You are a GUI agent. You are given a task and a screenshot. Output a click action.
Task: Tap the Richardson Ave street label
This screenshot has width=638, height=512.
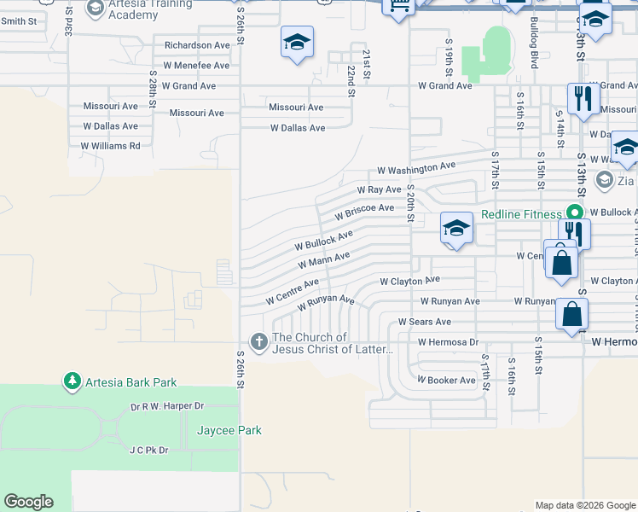(x=197, y=44)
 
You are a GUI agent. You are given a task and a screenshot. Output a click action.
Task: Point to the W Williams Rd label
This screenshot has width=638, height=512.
(x=110, y=146)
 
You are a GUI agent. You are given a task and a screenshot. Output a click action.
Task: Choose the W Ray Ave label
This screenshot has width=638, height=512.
(x=379, y=189)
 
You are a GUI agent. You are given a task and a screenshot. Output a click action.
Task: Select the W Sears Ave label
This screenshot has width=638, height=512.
(x=424, y=322)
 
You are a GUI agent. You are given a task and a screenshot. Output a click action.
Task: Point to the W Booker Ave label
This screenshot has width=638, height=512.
(x=446, y=380)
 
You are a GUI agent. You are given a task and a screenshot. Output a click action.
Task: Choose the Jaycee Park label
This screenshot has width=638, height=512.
(x=229, y=430)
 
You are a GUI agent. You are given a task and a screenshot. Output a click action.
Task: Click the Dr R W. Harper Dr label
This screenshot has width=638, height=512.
(x=167, y=406)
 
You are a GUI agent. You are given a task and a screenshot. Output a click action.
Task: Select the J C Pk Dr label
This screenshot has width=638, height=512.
(x=148, y=450)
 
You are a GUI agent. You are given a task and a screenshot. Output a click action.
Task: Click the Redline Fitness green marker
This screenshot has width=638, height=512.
(x=575, y=213)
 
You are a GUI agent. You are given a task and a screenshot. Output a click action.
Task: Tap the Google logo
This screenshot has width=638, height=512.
(x=28, y=502)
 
